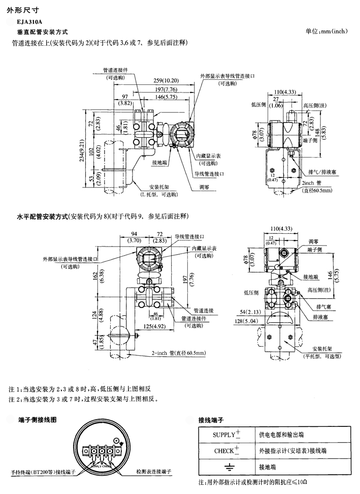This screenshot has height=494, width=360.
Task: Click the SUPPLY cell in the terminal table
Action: (226, 434)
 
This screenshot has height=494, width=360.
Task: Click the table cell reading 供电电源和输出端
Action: (282, 435)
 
